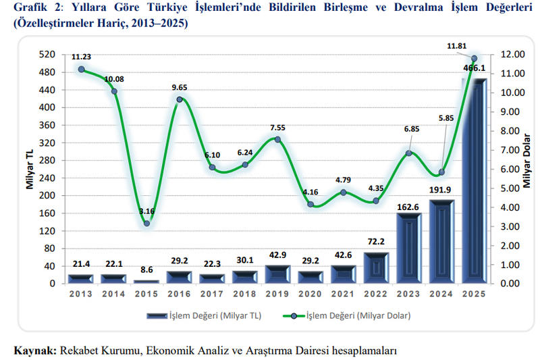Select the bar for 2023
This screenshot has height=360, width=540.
click(x=408, y=248)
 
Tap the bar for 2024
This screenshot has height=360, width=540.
click(x=441, y=241)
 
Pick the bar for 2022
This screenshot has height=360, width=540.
click(x=376, y=267)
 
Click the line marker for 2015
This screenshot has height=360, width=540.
click(x=146, y=223)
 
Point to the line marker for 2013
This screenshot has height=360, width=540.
click(x=81, y=69)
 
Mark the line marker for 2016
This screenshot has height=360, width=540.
click(x=180, y=99)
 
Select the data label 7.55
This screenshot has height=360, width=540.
click(x=277, y=126)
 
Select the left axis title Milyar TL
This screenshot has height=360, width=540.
click(x=30, y=169)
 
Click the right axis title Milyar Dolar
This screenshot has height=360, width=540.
click(x=526, y=169)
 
